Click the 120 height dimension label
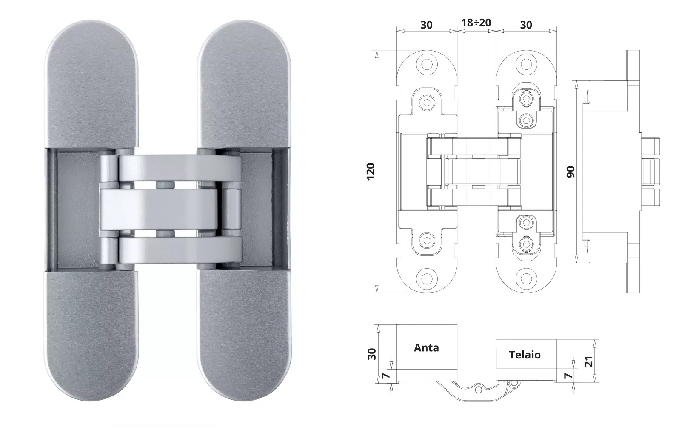coord(371,171)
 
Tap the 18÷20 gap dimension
coord(476,23)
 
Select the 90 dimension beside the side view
coord(570,172)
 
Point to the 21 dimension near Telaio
coord(589,361)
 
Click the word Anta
coord(426,347)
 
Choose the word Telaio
coord(525,355)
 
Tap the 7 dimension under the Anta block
coord(385,376)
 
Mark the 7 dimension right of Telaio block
coord(568,376)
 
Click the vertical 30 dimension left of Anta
coord(372,354)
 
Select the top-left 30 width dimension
coord(426,25)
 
